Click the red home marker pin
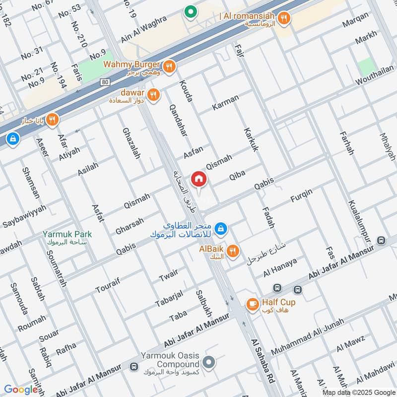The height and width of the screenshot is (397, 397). tap(199, 179)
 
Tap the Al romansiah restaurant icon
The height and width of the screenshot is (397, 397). tap(284, 18)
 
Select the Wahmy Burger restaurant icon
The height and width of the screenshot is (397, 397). tap(169, 66)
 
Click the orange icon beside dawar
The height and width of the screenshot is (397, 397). tap(154, 94)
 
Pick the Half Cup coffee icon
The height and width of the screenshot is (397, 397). tap(253, 304)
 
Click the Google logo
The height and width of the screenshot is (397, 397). tap(21, 390)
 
